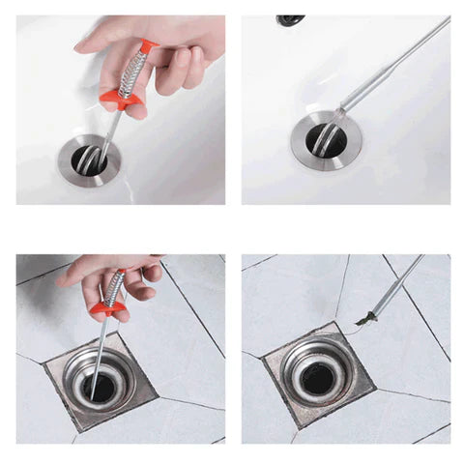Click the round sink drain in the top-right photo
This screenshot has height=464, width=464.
(327, 141)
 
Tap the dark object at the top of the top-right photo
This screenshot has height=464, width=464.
(290, 19)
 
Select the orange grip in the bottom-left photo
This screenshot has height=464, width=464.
(108, 309)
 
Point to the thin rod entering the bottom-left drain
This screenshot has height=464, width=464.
(98, 353)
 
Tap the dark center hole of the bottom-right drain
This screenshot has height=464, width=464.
(319, 379)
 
